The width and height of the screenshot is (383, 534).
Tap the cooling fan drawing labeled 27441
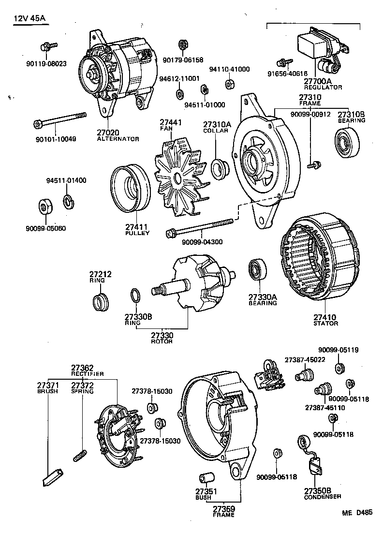178,178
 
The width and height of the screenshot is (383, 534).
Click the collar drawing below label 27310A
220,167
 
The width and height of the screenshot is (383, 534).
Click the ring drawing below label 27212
101,302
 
